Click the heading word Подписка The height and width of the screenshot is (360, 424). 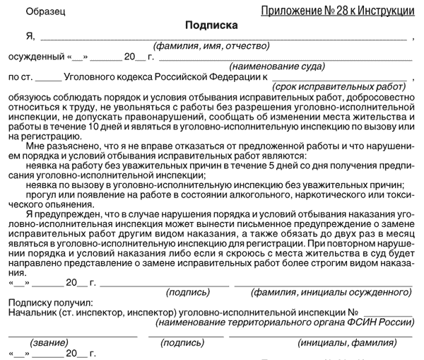click(211, 25)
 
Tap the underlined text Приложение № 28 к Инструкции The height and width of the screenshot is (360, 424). click(337, 11)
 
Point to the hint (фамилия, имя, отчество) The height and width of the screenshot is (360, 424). click(212, 46)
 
